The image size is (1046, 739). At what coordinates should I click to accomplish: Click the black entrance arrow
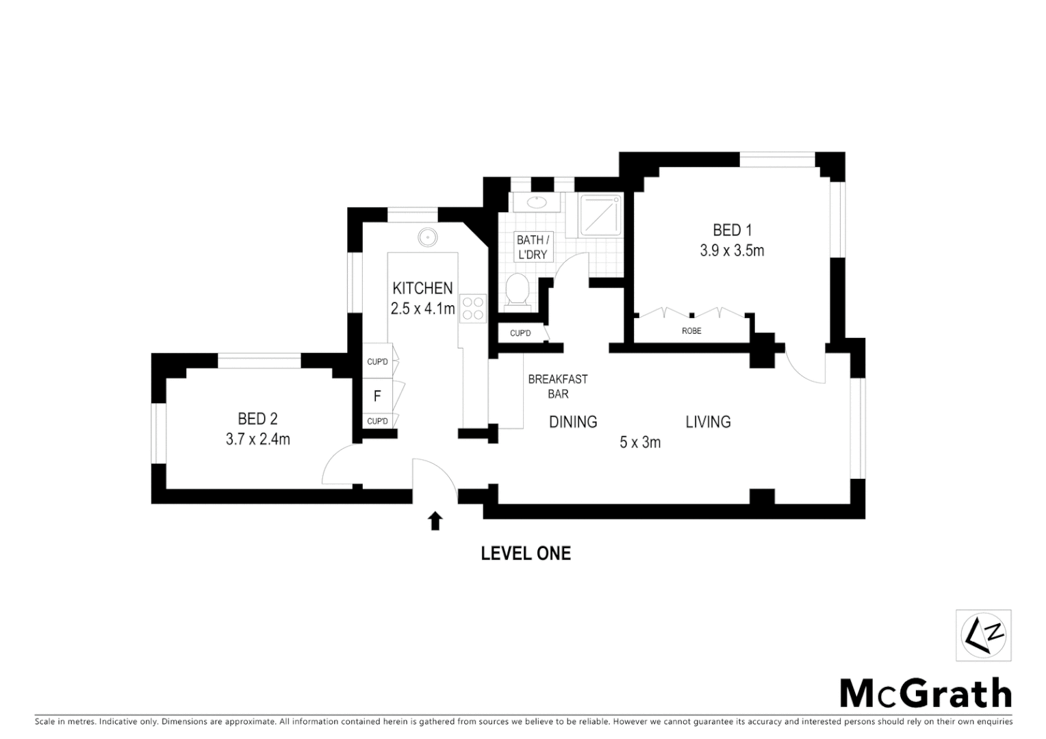[x=435, y=521]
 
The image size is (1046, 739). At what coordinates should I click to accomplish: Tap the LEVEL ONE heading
[x=526, y=553]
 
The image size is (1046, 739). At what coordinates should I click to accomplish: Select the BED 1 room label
[x=732, y=230]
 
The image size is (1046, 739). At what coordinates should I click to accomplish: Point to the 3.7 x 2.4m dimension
[x=258, y=439]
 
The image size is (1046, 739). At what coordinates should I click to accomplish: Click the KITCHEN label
[x=422, y=288]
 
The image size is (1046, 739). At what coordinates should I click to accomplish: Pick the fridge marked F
[x=377, y=396]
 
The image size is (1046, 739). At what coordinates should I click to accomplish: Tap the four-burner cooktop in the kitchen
[x=473, y=307]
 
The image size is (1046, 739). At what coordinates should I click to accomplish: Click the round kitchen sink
[x=428, y=237]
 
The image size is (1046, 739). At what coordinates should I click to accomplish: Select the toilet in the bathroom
[x=515, y=290]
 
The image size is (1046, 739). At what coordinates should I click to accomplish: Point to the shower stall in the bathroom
[x=600, y=216]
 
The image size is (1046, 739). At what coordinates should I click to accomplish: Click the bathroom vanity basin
[x=537, y=202]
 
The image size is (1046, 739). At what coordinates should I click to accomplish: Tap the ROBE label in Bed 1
[x=691, y=331]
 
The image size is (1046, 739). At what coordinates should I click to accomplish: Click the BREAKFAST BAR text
[x=558, y=387]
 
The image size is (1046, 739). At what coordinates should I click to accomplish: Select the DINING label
[x=573, y=422]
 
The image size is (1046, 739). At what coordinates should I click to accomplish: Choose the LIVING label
[x=708, y=422]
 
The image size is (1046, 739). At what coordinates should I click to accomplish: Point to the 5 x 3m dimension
[x=640, y=443]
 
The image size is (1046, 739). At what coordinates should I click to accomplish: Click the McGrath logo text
[x=926, y=694]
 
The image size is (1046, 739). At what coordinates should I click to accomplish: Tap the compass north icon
[x=984, y=636]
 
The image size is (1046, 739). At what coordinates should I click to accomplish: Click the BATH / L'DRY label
[x=533, y=247]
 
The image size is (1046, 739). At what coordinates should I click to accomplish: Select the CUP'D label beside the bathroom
[x=520, y=333]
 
